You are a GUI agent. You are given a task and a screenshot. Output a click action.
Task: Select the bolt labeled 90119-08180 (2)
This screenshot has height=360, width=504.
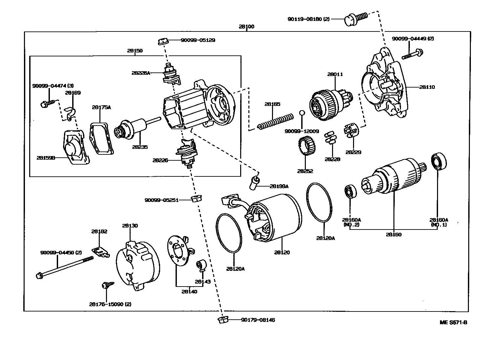pyautogui.click(x=355, y=18)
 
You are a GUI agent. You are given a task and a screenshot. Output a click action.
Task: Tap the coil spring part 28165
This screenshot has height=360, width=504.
pyautogui.click(x=275, y=121)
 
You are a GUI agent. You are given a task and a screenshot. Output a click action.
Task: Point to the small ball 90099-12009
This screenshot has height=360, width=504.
pyautogui.click(x=302, y=113)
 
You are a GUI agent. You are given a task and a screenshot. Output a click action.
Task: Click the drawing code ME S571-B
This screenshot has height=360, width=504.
pyautogui.click(x=453, y=322)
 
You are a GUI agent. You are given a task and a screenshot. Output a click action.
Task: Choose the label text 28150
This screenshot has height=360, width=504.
pyautogui.click(x=135, y=51)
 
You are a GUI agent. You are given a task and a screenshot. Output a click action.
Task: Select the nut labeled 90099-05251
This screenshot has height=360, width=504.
pyautogui.click(x=196, y=198)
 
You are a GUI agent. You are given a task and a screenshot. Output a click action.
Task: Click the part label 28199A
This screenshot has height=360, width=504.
pyautogui.click(x=279, y=186)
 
